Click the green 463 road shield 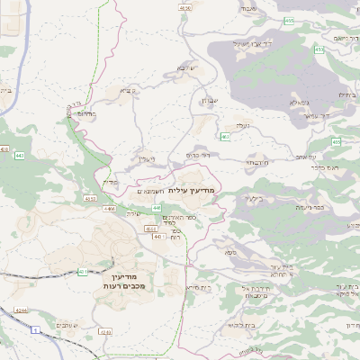click(x=224, y=137)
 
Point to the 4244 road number click(x=20, y=311)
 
